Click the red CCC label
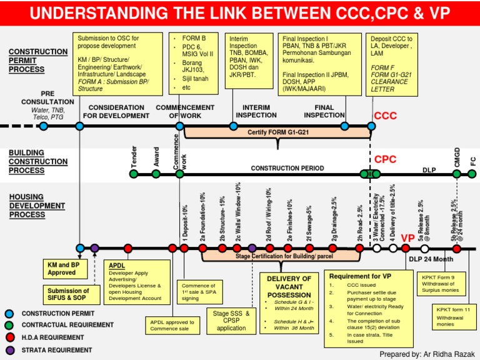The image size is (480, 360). (x=386, y=116)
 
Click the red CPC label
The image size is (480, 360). (x=386, y=159)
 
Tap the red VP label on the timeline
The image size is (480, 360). (x=407, y=238)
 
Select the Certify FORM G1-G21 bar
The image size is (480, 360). (x=278, y=132)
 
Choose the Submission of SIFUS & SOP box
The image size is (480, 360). (x=68, y=294)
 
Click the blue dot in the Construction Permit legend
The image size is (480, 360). (x=9, y=314)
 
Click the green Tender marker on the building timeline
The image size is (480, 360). (x=133, y=174)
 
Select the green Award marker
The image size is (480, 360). (x=156, y=174)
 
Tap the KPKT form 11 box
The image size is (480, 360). (x=454, y=317)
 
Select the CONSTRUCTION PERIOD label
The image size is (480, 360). (x=287, y=168)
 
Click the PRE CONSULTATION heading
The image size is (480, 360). (x=47, y=98)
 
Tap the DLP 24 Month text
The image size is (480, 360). (x=431, y=259)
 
